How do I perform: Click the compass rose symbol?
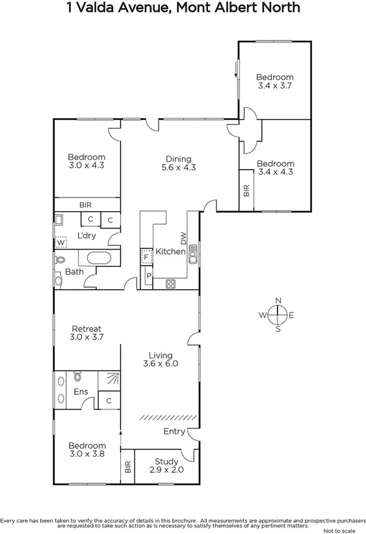[x=278, y=315]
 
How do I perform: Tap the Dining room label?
[x=178, y=163]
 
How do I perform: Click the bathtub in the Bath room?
[x=99, y=257]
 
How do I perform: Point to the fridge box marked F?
[x=146, y=257]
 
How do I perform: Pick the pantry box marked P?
[x=148, y=276]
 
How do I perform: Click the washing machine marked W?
[x=60, y=242]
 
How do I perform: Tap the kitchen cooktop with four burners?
[x=172, y=283]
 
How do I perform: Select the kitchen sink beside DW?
[x=192, y=257]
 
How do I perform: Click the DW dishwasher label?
[x=184, y=239]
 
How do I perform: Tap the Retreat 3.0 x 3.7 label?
[x=87, y=333]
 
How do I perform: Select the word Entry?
[x=175, y=431]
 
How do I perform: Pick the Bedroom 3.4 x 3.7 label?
[x=274, y=81]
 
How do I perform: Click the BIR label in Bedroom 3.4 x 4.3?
[x=246, y=190]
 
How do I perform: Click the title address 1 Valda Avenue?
[x=183, y=8]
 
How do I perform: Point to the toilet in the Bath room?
[x=60, y=259]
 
